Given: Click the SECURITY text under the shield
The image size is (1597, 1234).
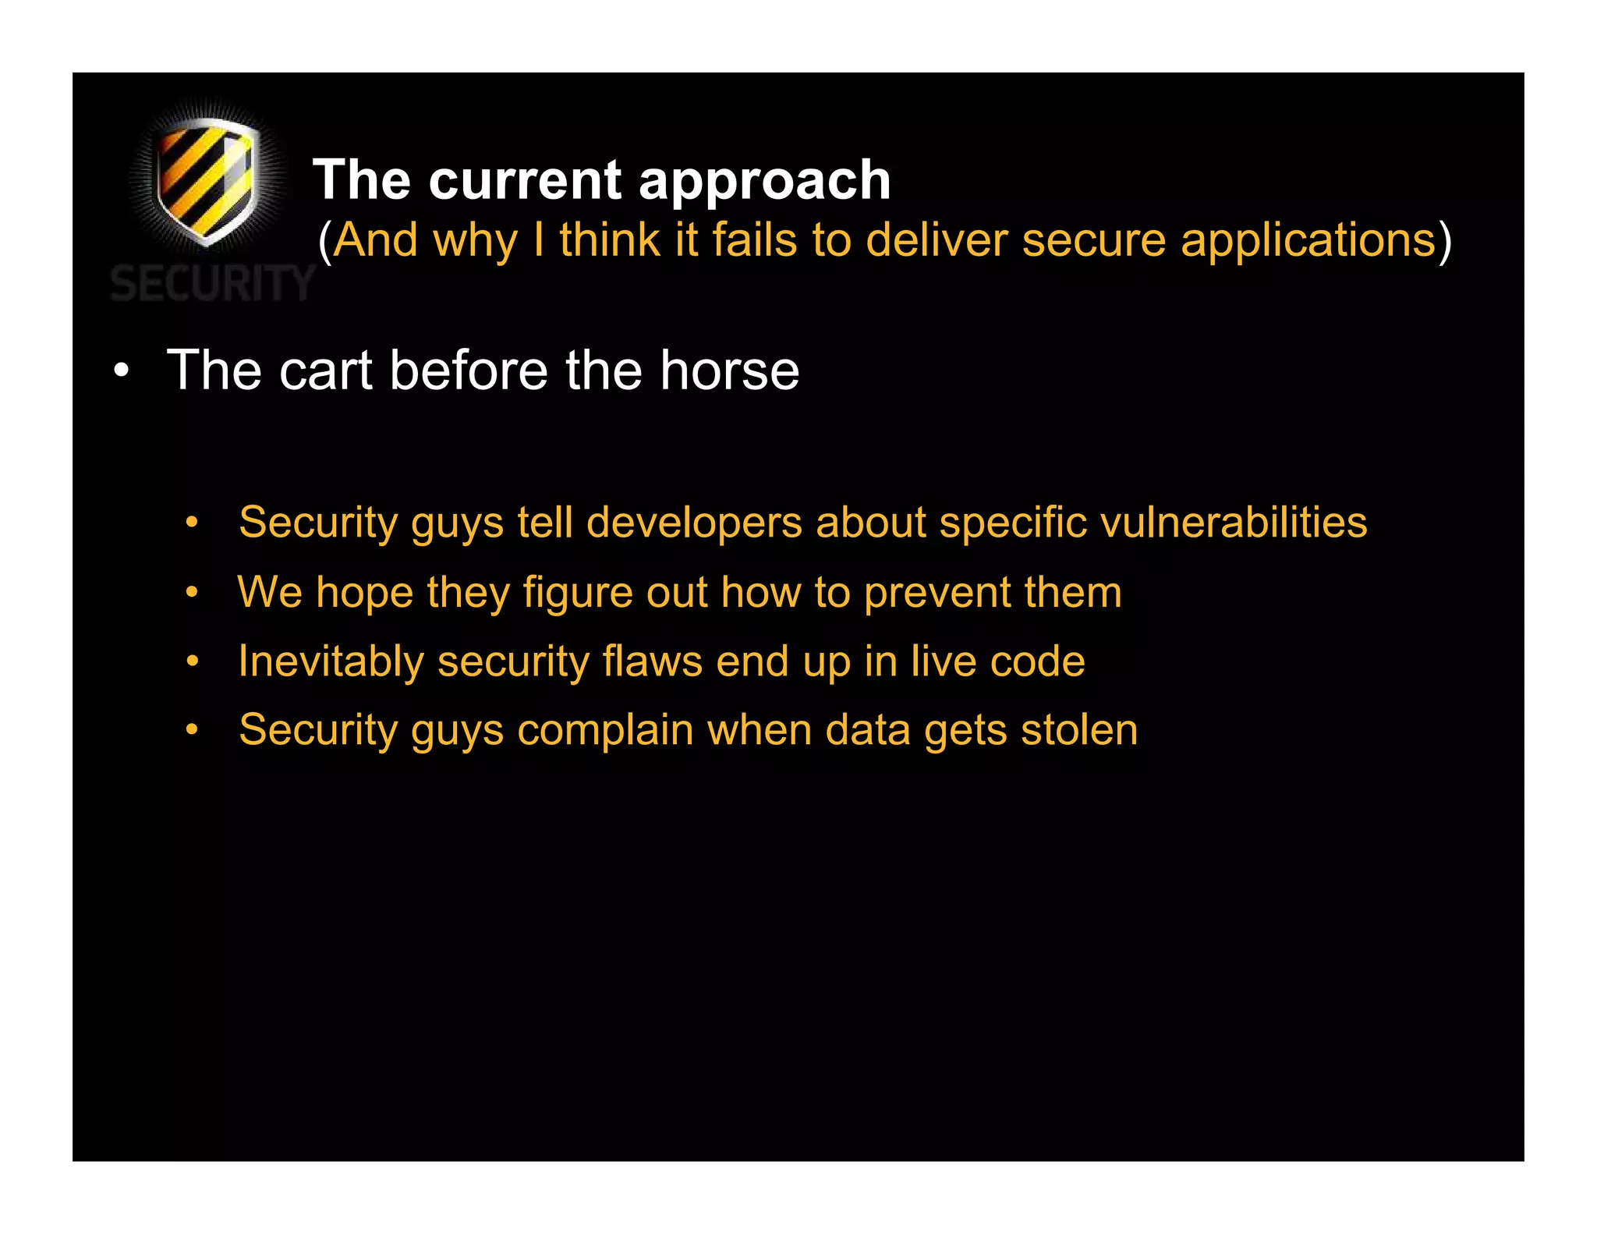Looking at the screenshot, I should click(x=212, y=283).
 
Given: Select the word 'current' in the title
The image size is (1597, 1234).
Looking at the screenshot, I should click(x=525, y=181).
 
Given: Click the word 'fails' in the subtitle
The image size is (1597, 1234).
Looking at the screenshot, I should click(x=754, y=239).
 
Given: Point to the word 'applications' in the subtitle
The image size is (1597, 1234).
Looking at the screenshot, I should click(x=1308, y=241).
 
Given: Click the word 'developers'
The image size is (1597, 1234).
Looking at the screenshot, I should click(x=694, y=523).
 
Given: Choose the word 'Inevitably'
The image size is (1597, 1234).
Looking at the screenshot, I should click(x=331, y=662).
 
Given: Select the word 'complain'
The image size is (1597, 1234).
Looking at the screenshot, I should click(x=605, y=731).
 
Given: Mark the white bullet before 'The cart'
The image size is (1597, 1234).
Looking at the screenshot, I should click(x=121, y=371).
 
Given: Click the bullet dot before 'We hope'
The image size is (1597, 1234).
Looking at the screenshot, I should click(x=192, y=593).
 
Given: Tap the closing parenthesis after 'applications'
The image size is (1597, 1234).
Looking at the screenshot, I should click(x=1444, y=241).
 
